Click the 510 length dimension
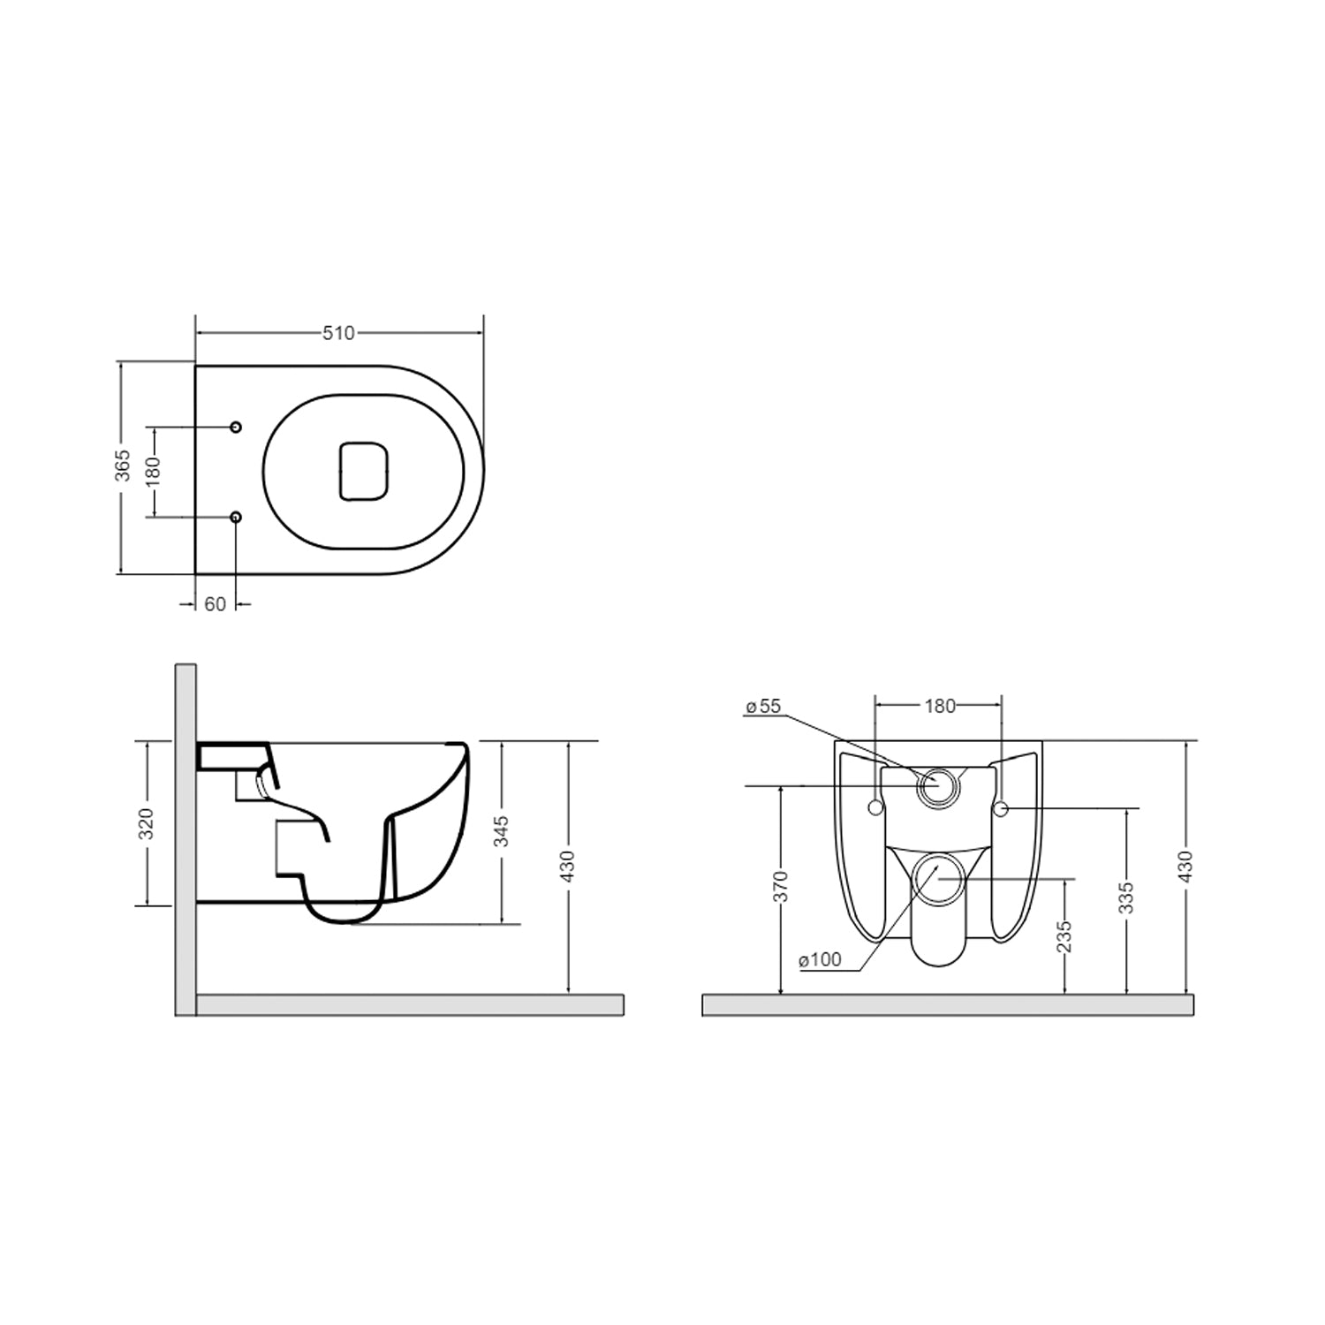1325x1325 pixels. [x=338, y=333]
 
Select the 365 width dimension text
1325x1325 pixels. [x=124, y=466]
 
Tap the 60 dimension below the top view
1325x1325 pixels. [x=215, y=604]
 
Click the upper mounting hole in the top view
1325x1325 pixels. [x=236, y=428]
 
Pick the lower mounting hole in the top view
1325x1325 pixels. [x=236, y=517]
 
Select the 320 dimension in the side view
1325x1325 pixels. [x=147, y=823]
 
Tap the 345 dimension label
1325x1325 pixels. [x=501, y=832]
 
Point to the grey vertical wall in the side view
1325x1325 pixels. [x=185, y=839]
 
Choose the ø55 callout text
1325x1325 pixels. [x=763, y=706]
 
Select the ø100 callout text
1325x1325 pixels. [x=820, y=960]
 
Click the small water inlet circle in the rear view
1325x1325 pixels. [x=935, y=785]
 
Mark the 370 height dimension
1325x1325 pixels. [x=780, y=888]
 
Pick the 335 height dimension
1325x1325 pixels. [x=1125, y=897]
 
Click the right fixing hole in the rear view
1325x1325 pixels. [x=1001, y=808]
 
